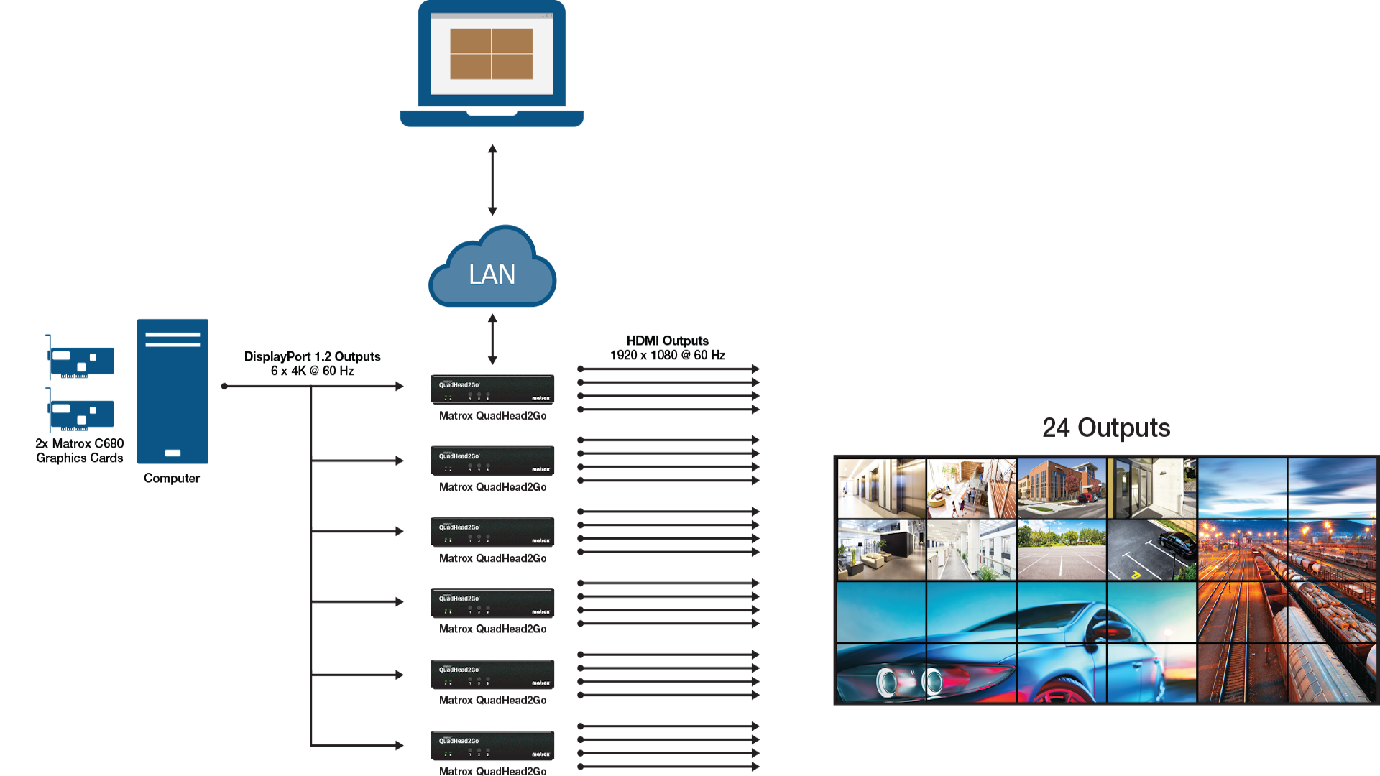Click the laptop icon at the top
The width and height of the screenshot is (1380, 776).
[x=492, y=65]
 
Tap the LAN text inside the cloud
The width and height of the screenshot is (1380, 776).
[x=492, y=274]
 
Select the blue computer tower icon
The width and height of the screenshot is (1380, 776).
[x=172, y=391]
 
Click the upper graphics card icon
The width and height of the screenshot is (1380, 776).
[x=80, y=359]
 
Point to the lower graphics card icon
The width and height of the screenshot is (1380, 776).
[x=80, y=412]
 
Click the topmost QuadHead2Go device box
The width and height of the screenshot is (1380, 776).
[x=492, y=389]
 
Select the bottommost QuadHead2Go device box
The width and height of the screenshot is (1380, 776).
[x=492, y=745]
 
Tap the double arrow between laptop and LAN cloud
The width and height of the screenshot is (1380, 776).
[x=492, y=180]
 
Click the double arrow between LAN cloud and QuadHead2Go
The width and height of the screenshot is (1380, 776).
[x=492, y=339]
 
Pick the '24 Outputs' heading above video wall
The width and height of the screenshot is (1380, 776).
[x=1106, y=428]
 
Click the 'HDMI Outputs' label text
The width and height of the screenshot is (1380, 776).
[x=668, y=341]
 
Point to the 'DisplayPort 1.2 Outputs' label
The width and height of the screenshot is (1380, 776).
[x=313, y=356]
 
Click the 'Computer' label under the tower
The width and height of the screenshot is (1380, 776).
[x=171, y=478]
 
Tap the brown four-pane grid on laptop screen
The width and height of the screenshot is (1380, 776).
[x=491, y=54]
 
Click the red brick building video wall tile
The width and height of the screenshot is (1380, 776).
[x=1062, y=489]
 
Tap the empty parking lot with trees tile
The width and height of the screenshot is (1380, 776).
[x=1062, y=550]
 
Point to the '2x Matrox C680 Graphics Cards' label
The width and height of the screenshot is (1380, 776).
[x=80, y=451]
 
